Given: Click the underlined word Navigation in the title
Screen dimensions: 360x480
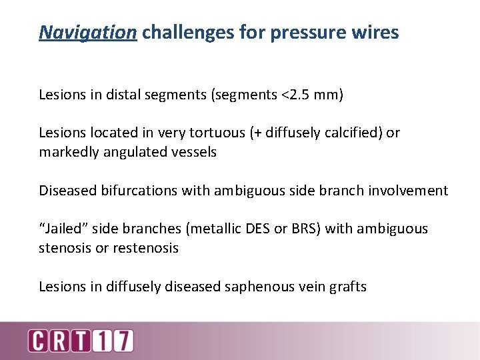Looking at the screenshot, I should point(87,32).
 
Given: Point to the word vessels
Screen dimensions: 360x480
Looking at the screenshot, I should point(194,152).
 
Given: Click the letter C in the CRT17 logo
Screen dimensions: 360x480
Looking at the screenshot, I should point(37,341).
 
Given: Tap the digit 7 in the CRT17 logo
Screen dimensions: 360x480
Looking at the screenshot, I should point(125,341).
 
